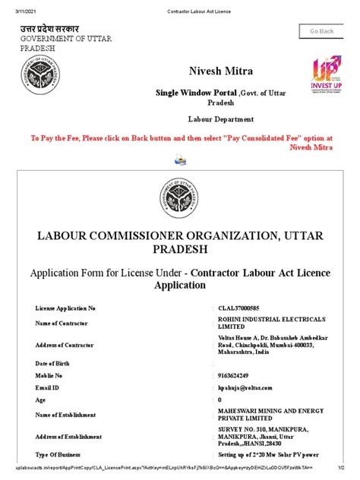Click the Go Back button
pyautogui.click(x=321, y=31)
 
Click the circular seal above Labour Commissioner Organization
pyautogui.click(x=179, y=201)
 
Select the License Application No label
pyautogui.click(x=65, y=309)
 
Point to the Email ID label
pyautogui.click(x=49, y=387)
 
